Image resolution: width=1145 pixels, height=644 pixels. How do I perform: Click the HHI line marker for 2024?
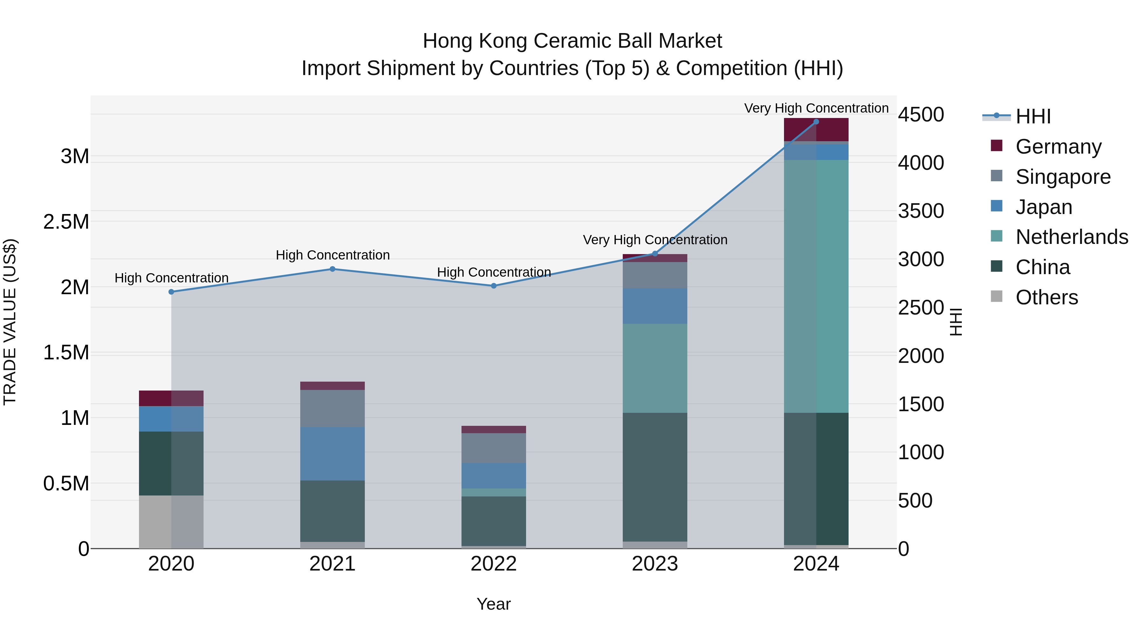[x=816, y=122]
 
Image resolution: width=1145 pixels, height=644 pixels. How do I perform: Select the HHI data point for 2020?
[x=171, y=292]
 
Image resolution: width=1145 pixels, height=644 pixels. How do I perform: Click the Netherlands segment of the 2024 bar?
[x=816, y=286]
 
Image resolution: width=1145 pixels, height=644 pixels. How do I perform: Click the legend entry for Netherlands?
[x=1071, y=237]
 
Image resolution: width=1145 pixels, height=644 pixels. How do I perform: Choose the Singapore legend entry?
[x=1062, y=177]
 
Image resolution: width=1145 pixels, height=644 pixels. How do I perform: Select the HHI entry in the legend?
[x=1032, y=116]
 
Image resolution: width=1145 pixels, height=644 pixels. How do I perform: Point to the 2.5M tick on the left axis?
[x=67, y=222]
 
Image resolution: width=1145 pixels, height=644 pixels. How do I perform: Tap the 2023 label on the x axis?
[x=655, y=564]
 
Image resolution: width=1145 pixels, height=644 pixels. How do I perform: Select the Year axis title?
[x=493, y=604]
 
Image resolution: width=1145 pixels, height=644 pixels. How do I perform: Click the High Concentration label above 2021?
[x=332, y=255]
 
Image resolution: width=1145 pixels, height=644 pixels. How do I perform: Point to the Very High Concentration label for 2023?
[x=655, y=240]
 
